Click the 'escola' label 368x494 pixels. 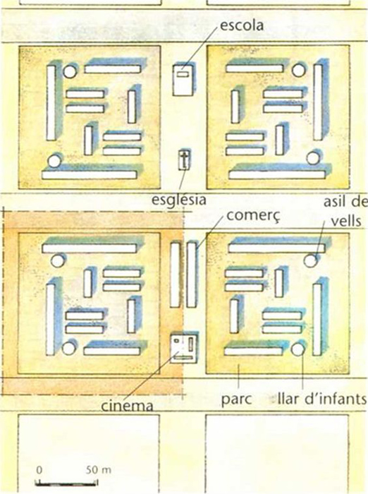click(x=241, y=25)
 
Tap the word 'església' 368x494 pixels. click(x=179, y=200)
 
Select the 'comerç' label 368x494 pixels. click(x=253, y=216)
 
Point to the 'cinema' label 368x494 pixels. click(x=127, y=405)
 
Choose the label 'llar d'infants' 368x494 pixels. click(x=322, y=399)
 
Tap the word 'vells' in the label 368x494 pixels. click(x=346, y=221)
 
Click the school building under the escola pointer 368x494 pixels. click(x=183, y=80)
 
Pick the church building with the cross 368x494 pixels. click(x=184, y=159)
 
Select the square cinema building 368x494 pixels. click(x=184, y=348)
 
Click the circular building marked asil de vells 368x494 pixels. click(x=310, y=260)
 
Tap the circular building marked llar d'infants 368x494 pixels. click(x=298, y=349)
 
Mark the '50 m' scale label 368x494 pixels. click(x=99, y=470)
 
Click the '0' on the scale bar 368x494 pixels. click(x=39, y=470)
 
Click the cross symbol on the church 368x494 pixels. click(x=184, y=159)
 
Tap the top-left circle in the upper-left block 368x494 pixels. click(x=70, y=71)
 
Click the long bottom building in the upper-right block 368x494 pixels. click(x=277, y=174)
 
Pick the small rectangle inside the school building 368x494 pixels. click(x=183, y=74)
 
